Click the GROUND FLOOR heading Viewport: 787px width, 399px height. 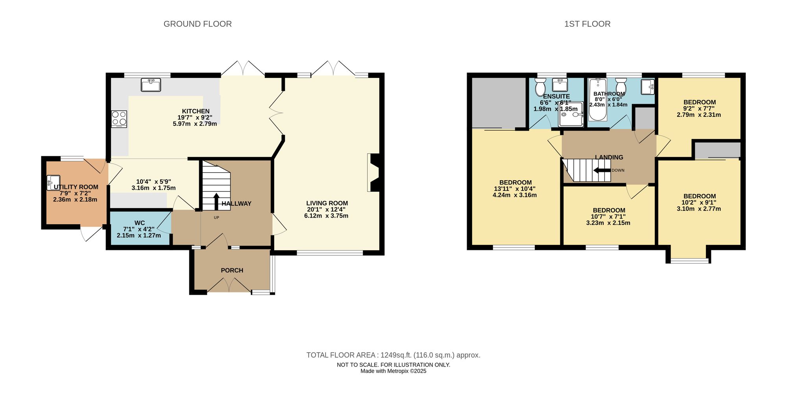pos(198,24)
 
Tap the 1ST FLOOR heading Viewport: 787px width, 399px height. pos(587,24)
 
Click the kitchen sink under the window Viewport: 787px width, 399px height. pos(151,85)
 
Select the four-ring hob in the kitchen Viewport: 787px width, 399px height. pos(119,119)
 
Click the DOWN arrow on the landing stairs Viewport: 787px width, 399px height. pos(602,170)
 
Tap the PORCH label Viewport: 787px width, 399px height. pos(232,270)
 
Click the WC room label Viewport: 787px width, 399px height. pos(140,223)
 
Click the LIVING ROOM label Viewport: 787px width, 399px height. pos(327,203)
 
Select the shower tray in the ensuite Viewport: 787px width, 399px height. pos(571,114)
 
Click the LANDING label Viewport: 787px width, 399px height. pos(609,157)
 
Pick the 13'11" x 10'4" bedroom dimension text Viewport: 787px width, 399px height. pos(515,189)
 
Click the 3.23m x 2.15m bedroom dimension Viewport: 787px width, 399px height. pos(608,223)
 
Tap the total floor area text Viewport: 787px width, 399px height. pos(393,355)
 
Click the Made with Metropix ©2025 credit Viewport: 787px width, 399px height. pos(393,371)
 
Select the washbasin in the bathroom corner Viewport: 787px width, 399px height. pos(648,87)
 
